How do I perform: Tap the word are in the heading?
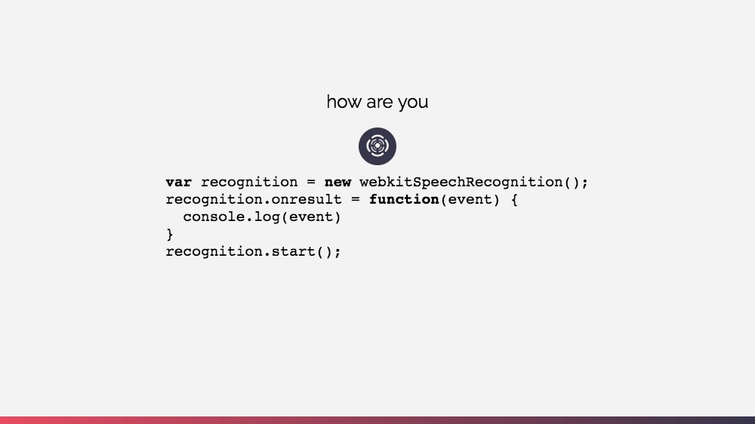pos(380,102)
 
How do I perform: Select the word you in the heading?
pos(413,103)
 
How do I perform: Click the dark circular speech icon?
pos(377,146)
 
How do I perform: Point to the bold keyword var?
pos(179,183)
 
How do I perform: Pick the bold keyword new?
pos(337,183)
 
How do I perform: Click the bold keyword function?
pos(404,200)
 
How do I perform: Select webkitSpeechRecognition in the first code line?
pos(461,183)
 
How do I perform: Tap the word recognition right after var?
pos(249,183)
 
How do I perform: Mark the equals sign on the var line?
pos(311,183)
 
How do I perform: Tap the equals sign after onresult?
pos(355,200)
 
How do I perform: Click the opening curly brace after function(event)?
pos(514,200)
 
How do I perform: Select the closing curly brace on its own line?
pos(170,235)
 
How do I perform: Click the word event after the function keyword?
pos(470,200)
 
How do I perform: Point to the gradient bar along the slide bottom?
pos(377,419)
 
